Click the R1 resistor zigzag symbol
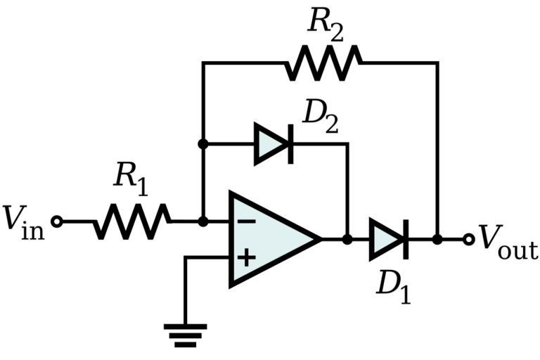pyautogui.click(x=132, y=221)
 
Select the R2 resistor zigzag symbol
pyautogui.click(x=323, y=63)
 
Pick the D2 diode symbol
pyautogui.click(x=273, y=143)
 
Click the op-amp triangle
pyautogui.click(x=271, y=239)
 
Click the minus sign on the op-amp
pyautogui.click(x=245, y=221)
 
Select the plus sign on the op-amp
pyautogui.click(x=245, y=257)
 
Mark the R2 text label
pyautogui.click(x=324, y=23)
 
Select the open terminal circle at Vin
pyautogui.click(x=57, y=221)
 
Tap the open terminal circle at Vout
pyautogui.click(x=469, y=239)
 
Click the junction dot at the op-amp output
pyautogui.click(x=347, y=239)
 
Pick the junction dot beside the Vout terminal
pyautogui.click(x=437, y=239)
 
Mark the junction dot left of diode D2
pyautogui.click(x=202, y=143)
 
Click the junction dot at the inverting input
pyautogui.click(x=202, y=221)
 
